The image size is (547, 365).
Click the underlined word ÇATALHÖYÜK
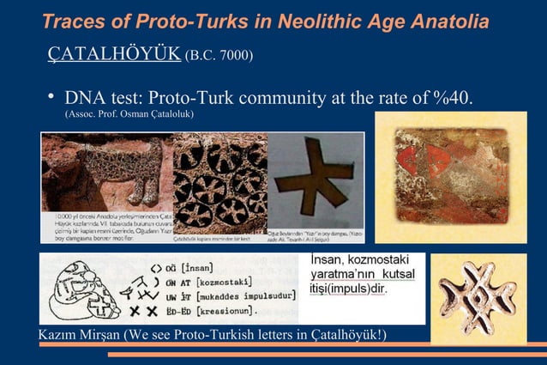click(x=113, y=55)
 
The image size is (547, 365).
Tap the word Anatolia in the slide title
click(x=445, y=20)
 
